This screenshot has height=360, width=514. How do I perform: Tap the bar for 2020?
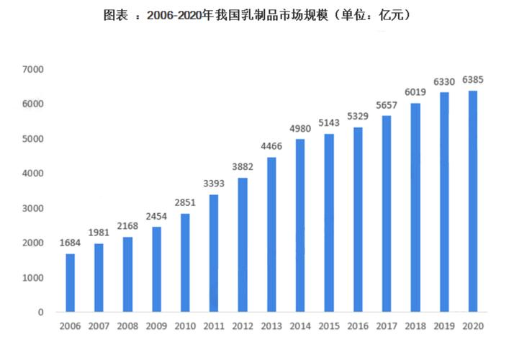coord(472,202)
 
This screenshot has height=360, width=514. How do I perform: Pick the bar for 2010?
coord(184,263)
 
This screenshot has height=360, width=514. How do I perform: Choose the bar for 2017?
coord(387,214)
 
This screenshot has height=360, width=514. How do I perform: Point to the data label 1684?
coord(70,243)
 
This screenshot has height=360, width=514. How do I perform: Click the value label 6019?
coord(415,93)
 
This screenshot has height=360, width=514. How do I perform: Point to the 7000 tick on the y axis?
coord(34,70)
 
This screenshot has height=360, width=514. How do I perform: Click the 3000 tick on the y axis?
coord(34,208)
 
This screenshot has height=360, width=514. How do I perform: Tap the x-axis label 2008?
coord(127,328)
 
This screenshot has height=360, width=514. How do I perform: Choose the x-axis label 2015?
coord(328,328)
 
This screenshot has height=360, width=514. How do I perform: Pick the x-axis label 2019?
coord(443,328)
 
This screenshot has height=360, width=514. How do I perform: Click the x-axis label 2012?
coord(242,328)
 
